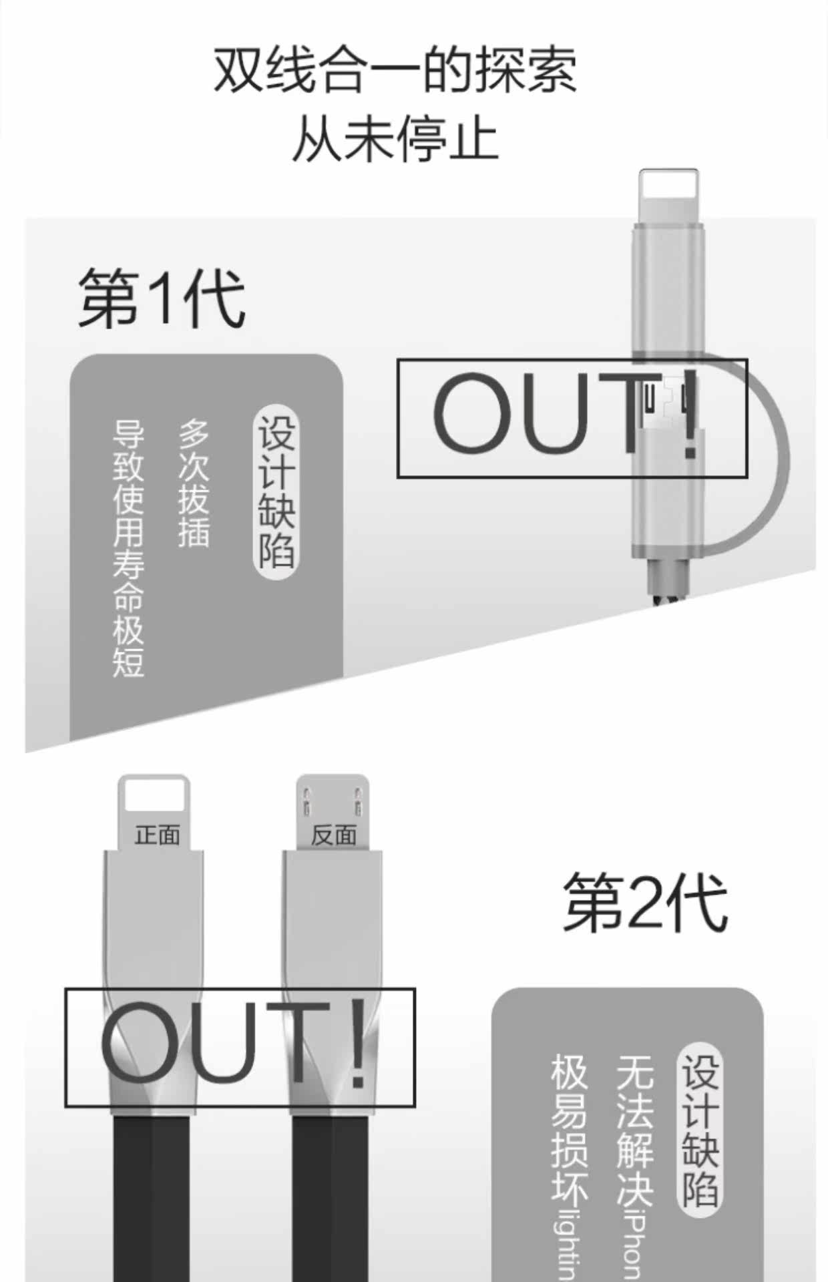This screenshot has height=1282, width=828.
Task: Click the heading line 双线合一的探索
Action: (395, 70)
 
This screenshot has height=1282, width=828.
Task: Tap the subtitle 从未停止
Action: (395, 139)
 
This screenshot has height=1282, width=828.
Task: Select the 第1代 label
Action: (162, 300)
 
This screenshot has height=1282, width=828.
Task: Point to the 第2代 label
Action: (645, 903)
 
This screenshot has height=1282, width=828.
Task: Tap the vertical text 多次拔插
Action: (194, 483)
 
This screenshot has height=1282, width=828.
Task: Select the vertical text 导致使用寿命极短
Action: (128, 548)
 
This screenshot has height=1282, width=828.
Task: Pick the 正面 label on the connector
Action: (157, 835)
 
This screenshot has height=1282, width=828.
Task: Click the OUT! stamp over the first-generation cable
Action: (572, 419)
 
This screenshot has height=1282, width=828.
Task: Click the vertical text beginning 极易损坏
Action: (569, 1162)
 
